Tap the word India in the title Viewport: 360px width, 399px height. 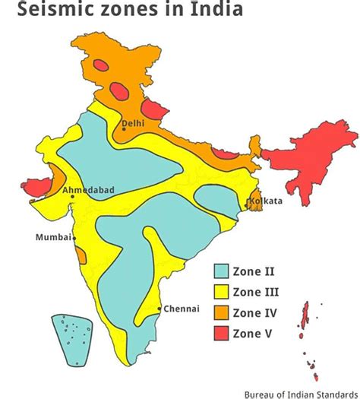pos(219,11)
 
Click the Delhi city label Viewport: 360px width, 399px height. pos(133,122)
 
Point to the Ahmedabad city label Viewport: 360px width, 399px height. pos(90,188)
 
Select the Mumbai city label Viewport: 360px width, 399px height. pos(52,238)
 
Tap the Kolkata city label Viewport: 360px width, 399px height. pos(265,201)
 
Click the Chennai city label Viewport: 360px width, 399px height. pos(182,309)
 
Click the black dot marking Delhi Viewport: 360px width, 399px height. pos(123,129)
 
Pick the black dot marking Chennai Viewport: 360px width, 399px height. pos(159,309)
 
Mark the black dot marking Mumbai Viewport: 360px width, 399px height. pos(74,238)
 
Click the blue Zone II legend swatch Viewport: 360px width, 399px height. pos(221,271)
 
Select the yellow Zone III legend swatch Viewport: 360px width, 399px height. pos(221,291)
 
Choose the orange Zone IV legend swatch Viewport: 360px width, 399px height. pos(221,312)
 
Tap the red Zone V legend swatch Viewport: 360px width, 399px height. pos(221,332)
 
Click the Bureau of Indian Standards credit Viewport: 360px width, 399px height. pos(301,394)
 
